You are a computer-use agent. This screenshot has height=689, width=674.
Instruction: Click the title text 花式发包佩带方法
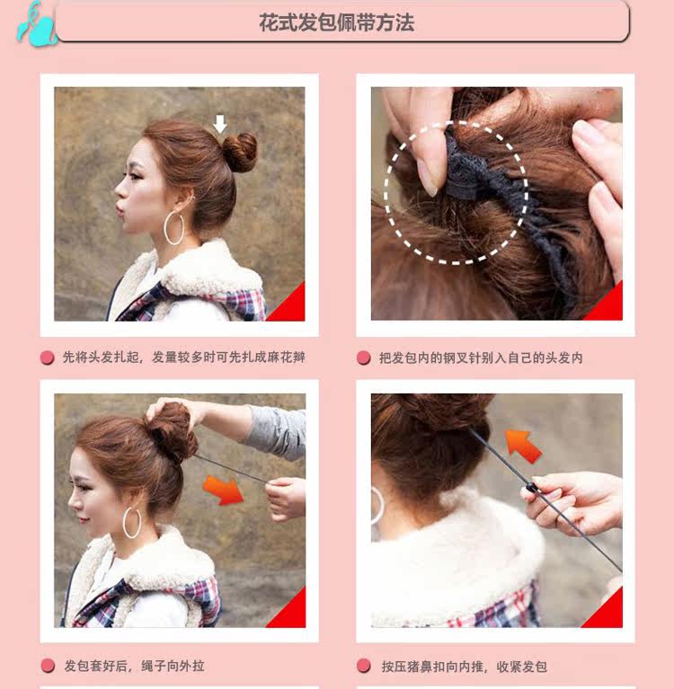pos(337,22)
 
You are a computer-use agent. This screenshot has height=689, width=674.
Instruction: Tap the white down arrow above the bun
pos(219,123)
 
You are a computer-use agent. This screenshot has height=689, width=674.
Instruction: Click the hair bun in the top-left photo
pos(239,152)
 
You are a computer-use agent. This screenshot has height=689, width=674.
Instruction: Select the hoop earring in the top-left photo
pos(173,228)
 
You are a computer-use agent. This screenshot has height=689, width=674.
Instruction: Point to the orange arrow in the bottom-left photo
pos(223,490)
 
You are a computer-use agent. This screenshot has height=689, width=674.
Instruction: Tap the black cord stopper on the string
pos(532,489)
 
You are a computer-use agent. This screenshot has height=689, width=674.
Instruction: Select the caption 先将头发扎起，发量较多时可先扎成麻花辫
pos(183,358)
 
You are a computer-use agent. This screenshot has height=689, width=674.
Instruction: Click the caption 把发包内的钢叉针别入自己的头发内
pos(481,358)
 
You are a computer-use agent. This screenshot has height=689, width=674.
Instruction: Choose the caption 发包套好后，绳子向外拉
pos(134,666)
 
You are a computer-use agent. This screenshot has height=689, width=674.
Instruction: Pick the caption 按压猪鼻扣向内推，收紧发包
pos(464,666)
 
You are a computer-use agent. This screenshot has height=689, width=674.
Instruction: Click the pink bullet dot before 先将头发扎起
pos(47,358)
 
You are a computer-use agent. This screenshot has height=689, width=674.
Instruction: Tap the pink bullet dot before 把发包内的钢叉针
pos(363,358)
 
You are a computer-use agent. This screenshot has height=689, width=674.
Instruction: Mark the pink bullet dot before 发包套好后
pos(47,666)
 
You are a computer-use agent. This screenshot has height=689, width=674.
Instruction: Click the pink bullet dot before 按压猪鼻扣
pos(363,666)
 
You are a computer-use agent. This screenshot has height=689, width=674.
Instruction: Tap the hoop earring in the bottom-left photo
pos(131,522)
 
